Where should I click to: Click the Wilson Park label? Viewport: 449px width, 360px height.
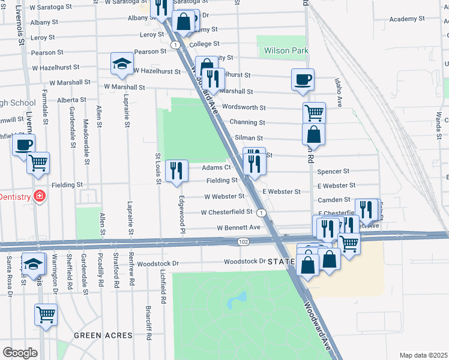tap(286, 51)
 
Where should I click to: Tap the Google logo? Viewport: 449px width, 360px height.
tap(20, 352)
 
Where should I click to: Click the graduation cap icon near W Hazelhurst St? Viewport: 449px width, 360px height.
tap(121, 64)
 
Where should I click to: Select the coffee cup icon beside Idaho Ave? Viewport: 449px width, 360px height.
tap(303, 79)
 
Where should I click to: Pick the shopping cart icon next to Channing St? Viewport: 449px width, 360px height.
tap(314, 112)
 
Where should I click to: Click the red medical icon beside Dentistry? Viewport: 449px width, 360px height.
tap(40, 196)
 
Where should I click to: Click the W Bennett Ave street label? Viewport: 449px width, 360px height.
tap(239, 228)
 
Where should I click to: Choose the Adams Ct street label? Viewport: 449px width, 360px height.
tap(216, 168)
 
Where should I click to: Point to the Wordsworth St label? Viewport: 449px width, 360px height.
tap(244, 107)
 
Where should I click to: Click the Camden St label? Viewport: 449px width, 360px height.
tap(334, 199)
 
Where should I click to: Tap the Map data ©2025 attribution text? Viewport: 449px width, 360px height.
tap(424, 355)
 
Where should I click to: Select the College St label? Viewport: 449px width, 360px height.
tap(204, 44)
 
